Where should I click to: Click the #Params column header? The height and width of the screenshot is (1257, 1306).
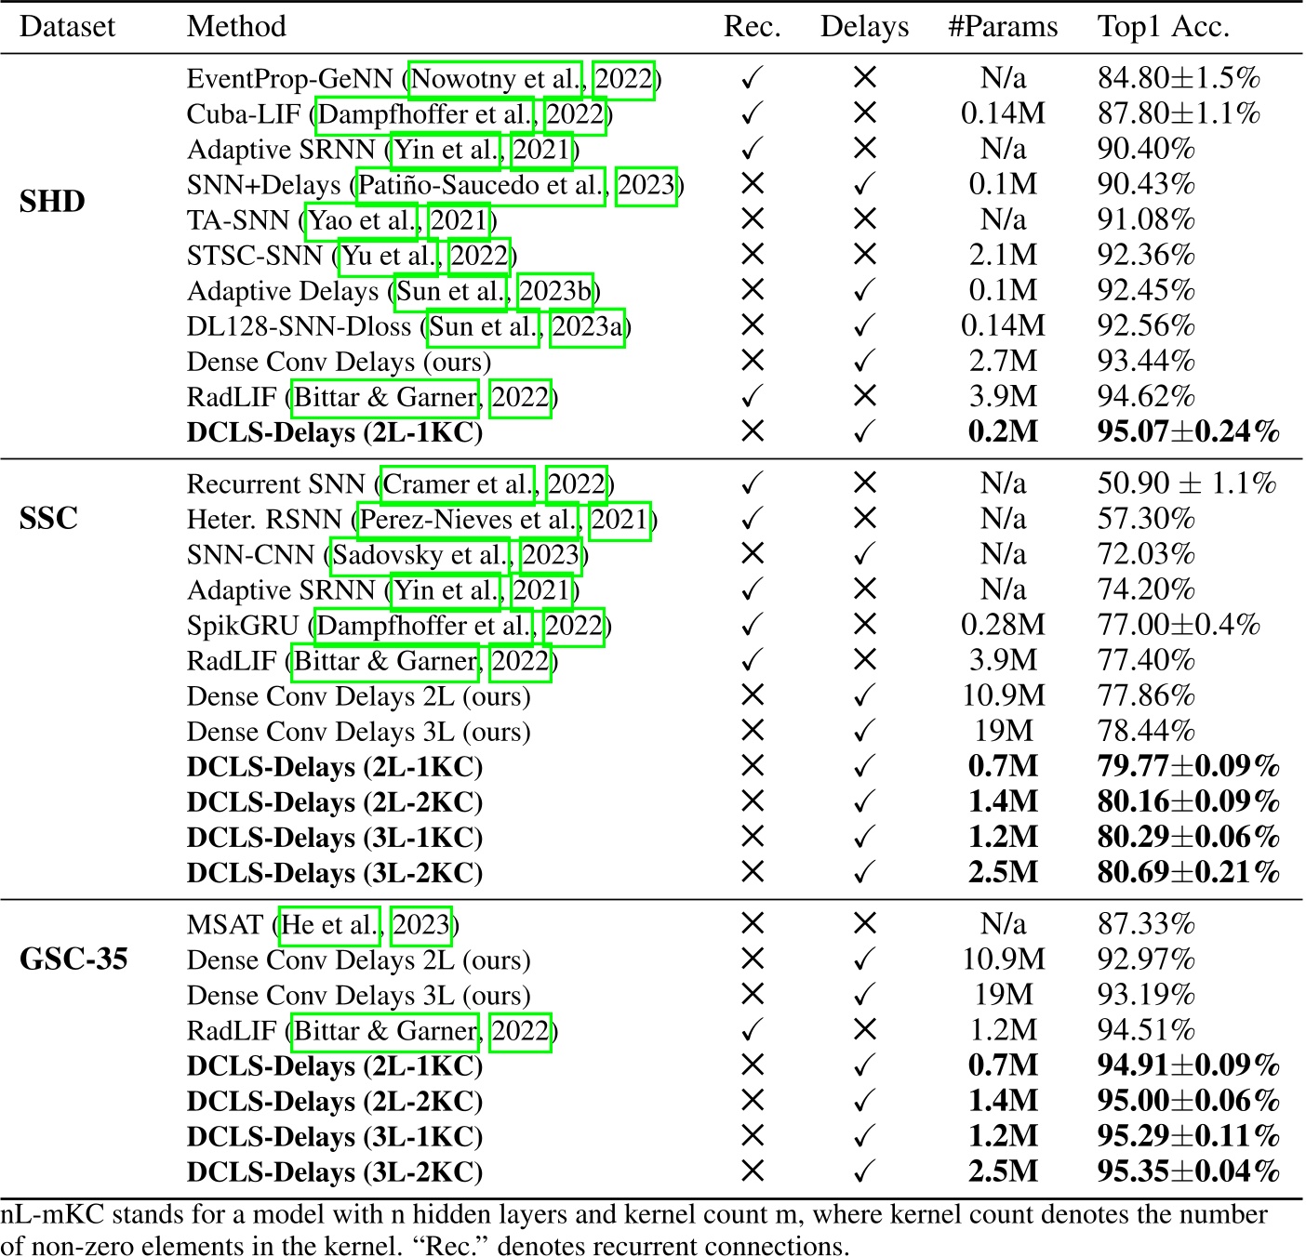coord(1002,27)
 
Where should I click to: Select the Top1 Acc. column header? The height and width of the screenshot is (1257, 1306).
coord(1163,27)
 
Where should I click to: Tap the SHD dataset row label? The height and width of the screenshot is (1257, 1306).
coord(52,202)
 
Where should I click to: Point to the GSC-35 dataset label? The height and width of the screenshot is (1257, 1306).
coord(73,959)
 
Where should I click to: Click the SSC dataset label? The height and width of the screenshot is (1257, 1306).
coord(48,518)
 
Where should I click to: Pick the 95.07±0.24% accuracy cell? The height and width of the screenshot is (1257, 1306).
coord(1188,432)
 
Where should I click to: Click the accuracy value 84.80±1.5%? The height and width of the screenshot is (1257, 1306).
coord(1178,79)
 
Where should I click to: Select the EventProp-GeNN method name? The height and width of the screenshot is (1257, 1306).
coord(290,79)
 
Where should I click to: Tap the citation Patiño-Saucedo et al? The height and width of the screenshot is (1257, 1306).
coord(481,185)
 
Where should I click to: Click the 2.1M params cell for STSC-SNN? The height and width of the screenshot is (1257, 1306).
coord(1002,256)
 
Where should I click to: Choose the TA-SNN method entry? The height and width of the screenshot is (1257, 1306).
coord(237,220)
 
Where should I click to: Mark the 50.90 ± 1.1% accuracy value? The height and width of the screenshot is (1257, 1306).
coord(1186,483)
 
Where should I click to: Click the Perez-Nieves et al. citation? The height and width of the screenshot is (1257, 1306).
coord(470,520)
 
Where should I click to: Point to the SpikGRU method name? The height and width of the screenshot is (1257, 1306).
coord(243,626)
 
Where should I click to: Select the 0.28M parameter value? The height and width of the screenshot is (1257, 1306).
coord(1002,625)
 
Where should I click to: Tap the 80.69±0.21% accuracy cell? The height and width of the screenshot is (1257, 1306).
coord(1188,873)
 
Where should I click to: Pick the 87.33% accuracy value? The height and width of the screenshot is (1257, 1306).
coord(1145,924)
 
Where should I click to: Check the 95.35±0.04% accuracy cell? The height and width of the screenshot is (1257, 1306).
coord(1188,1171)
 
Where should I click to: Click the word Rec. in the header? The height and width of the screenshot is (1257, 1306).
coord(752,27)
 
